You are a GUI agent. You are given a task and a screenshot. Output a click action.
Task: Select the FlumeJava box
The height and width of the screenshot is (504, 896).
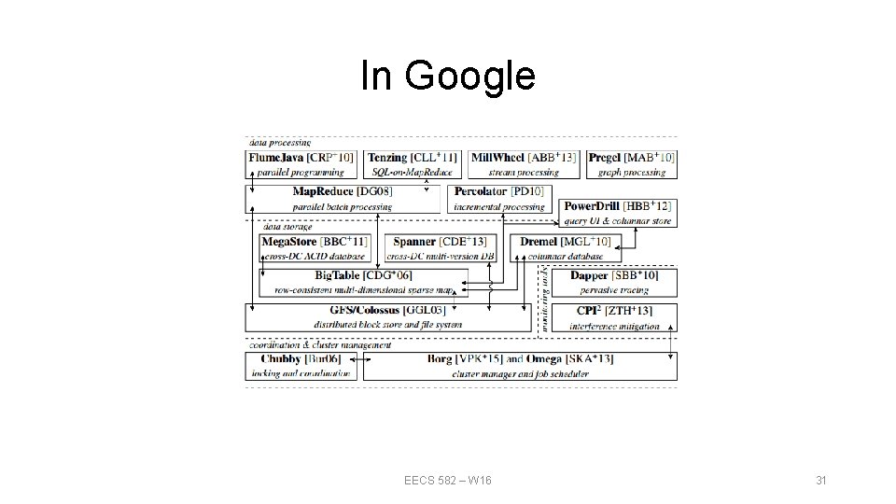(x=301, y=164)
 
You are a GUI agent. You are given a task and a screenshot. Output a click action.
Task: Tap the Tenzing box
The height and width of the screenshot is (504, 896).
(x=412, y=164)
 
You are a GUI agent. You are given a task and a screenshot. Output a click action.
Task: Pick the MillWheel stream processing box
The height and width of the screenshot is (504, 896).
(x=524, y=164)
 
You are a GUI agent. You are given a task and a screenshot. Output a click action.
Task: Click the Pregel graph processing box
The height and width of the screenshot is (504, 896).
(x=632, y=164)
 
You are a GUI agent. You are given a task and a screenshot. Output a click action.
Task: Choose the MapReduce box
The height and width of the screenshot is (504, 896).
(x=342, y=198)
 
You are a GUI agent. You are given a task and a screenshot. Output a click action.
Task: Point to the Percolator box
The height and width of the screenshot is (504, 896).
(x=498, y=198)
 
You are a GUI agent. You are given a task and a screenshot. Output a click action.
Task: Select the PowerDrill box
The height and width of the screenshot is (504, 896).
(x=618, y=213)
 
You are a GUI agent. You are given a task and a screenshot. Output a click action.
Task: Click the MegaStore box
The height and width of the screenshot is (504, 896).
(x=315, y=247)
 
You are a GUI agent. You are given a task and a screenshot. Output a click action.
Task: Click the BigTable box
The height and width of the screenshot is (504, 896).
(x=364, y=282)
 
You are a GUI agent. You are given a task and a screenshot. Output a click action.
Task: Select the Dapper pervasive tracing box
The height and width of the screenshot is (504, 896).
(x=613, y=282)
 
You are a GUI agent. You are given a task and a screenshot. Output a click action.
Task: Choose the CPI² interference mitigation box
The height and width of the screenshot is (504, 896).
(x=613, y=317)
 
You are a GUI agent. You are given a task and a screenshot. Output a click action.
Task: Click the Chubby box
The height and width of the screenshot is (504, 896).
(x=301, y=366)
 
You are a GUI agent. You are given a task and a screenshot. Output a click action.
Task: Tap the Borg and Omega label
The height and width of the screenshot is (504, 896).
(x=520, y=359)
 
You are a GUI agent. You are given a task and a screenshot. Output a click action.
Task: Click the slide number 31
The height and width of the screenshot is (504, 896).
(x=821, y=480)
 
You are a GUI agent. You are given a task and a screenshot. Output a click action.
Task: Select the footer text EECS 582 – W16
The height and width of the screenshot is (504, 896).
(x=448, y=480)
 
